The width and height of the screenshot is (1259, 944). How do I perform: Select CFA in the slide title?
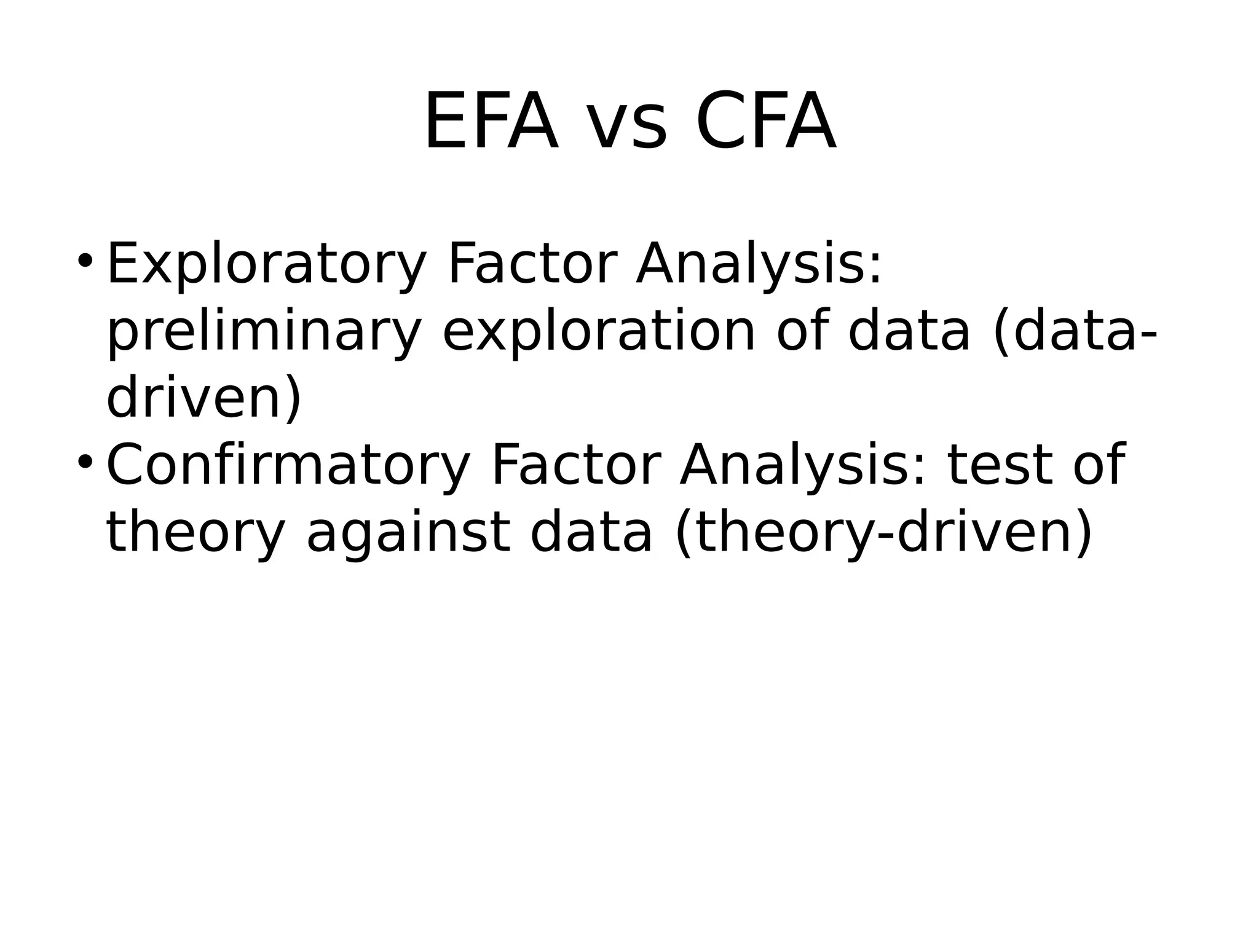click(x=765, y=122)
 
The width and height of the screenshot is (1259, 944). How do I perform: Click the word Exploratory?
click(x=266, y=265)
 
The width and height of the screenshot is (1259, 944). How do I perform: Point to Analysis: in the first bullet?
click(x=759, y=265)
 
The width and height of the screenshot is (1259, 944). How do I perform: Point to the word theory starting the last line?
click(x=195, y=533)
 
